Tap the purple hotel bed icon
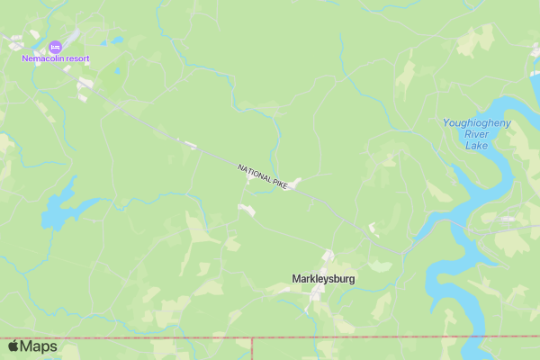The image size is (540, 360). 54,46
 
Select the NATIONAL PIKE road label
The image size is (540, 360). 263,175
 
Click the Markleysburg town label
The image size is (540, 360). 323,279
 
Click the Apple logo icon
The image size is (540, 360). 13,346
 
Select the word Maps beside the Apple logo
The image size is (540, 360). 39,346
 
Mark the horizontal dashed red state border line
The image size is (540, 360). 360,339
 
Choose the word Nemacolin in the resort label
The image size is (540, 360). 44,58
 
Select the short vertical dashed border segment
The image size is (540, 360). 252,349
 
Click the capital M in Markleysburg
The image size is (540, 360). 297,279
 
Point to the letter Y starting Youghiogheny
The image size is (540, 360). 446,122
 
